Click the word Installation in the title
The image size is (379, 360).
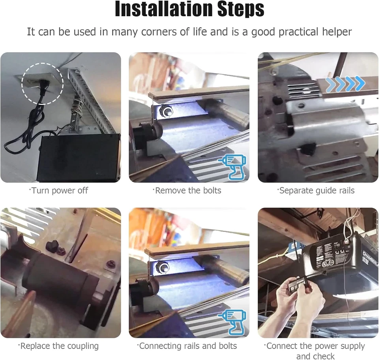tap(158, 9)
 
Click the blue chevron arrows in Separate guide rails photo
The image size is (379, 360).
tap(345, 84)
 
